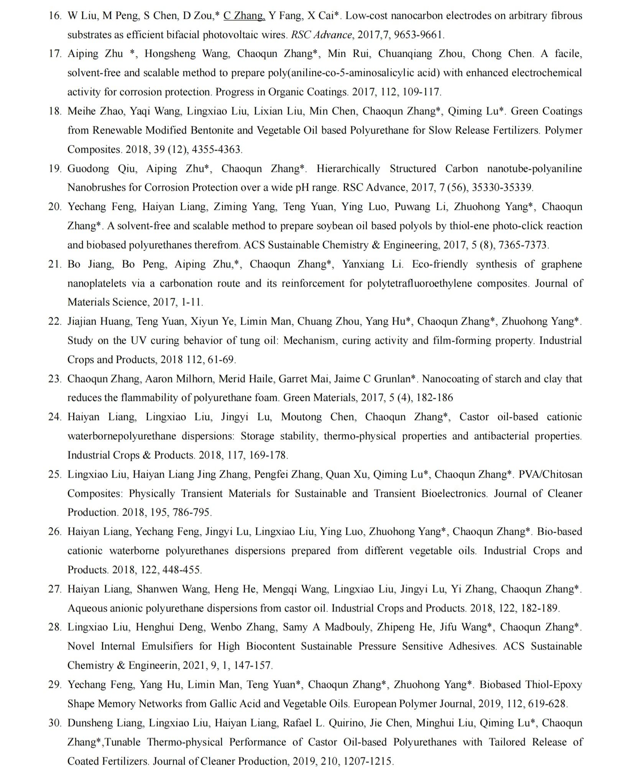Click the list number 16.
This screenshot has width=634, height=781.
click(55, 16)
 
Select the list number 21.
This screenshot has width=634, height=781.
click(55, 264)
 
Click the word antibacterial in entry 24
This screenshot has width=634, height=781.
click(501, 436)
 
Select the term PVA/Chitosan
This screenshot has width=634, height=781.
click(550, 475)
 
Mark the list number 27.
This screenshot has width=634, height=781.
click(55, 589)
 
